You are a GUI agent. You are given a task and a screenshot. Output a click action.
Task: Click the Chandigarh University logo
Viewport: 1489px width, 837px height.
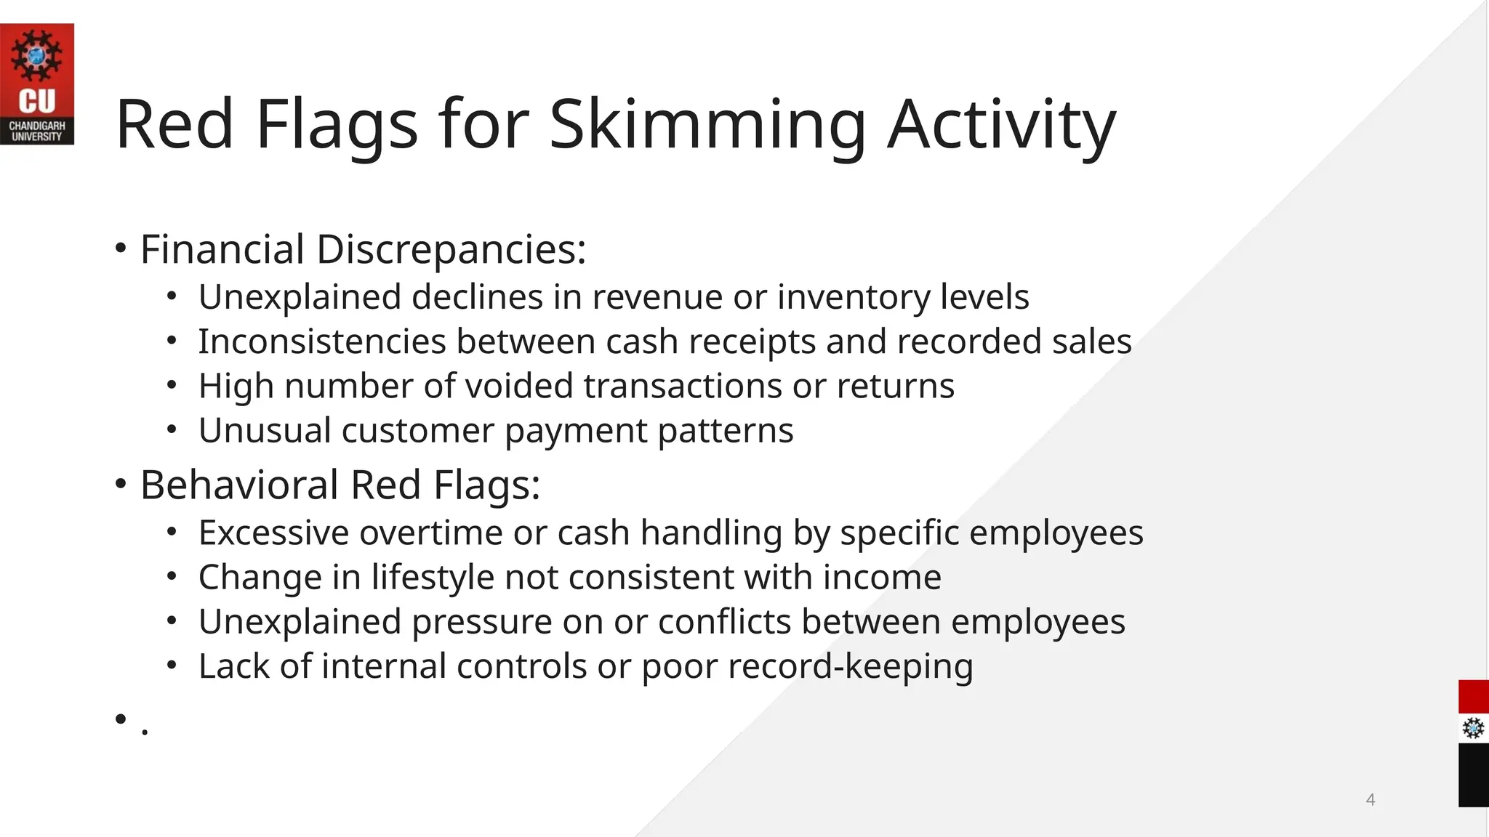(36, 84)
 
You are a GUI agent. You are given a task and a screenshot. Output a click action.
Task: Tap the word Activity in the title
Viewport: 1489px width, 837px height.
(1001, 125)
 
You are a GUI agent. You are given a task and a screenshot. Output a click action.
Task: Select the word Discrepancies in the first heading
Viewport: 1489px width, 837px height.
(451, 250)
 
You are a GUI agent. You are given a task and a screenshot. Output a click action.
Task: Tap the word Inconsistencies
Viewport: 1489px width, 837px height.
(322, 341)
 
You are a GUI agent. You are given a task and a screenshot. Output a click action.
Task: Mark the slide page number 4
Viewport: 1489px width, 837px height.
(1370, 800)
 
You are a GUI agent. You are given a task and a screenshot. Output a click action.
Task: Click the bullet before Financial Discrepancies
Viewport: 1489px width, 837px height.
(121, 249)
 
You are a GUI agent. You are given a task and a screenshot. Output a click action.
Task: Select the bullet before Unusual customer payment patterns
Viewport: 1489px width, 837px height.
(172, 430)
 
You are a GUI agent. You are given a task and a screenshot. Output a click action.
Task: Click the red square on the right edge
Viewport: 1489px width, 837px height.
(1473, 697)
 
